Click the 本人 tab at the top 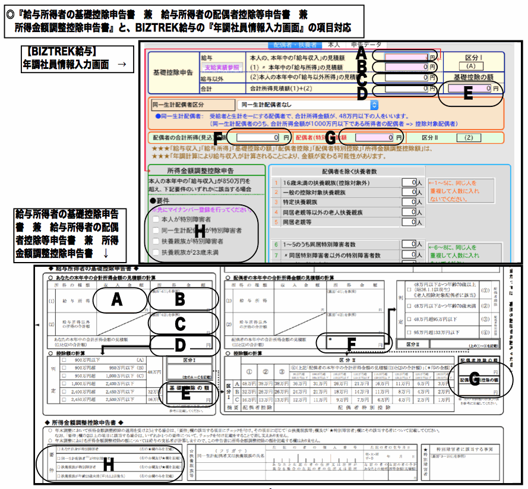point(334,45)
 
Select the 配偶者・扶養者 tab point(295,45)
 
